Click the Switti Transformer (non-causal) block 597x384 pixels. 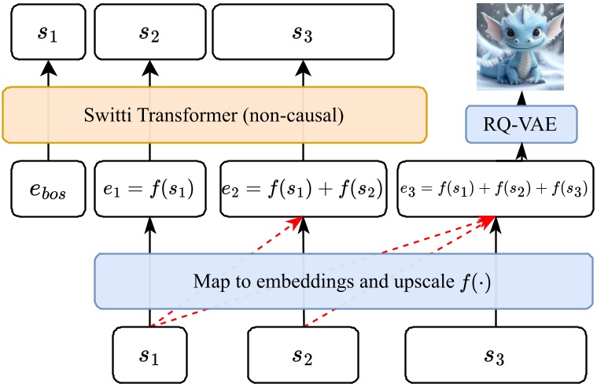pos(214,116)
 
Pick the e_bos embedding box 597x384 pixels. pos(48,190)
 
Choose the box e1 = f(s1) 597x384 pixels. pos(149,190)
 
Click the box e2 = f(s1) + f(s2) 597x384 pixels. pos(302,190)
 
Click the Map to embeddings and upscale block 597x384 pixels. pos(343,280)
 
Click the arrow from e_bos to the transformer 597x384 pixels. pos(48,153)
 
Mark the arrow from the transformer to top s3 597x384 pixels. pos(302,76)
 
